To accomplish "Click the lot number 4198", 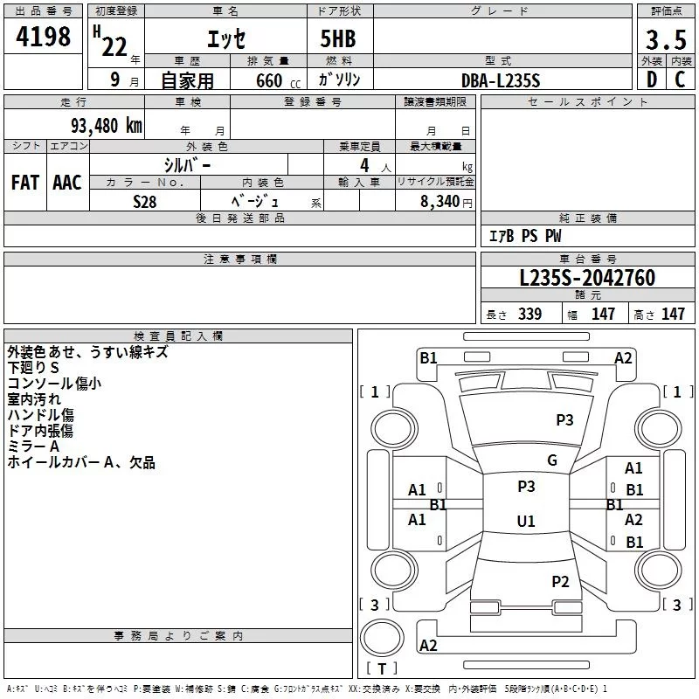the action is coord(43,36).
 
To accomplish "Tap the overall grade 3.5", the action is coord(666,39).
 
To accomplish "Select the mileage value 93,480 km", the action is coord(107,126).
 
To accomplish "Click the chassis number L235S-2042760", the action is coord(587,277).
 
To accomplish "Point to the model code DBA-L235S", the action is coord(501,80).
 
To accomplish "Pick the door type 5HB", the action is coord(338,38).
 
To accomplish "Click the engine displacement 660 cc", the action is coord(278,80).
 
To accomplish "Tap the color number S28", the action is coord(145,202).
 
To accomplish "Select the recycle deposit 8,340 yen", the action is coord(446,202).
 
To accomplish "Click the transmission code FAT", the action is coord(25,183).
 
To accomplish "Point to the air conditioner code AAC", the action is coord(67,183).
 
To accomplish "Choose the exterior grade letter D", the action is coord(652,80).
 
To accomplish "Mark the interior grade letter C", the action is coord(680,80).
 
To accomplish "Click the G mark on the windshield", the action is coord(552,460).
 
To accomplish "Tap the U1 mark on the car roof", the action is coord(526,521).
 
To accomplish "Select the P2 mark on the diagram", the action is coord(560,581).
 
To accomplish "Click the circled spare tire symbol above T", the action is coord(382,638).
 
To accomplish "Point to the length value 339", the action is coord(529,314).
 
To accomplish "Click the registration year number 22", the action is coord(114,47).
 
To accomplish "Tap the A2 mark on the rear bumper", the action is coord(428,645).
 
